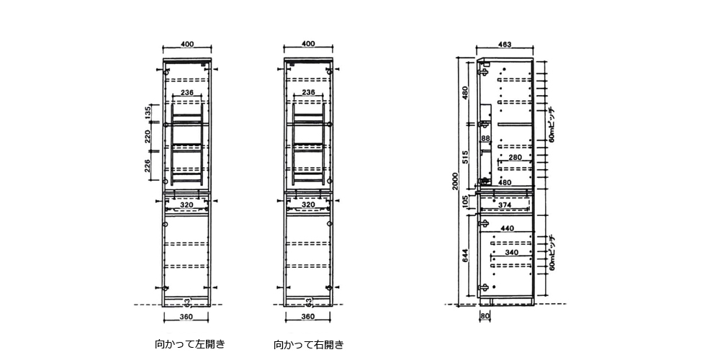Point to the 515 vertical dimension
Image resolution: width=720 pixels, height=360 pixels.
click(x=466, y=158)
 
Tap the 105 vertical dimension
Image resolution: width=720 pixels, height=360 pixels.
click(x=466, y=199)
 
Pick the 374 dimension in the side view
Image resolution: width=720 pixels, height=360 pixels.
click(x=504, y=205)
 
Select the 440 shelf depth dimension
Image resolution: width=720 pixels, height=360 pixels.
click(x=508, y=228)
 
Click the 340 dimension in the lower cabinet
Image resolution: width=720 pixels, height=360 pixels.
click(x=511, y=253)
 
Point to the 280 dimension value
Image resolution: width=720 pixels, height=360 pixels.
click(x=515, y=158)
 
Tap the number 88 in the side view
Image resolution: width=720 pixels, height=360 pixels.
click(x=486, y=138)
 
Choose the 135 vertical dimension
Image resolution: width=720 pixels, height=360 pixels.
click(x=148, y=112)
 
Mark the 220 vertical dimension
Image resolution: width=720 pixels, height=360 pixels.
click(x=148, y=138)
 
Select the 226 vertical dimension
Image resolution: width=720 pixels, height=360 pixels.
click(x=148, y=168)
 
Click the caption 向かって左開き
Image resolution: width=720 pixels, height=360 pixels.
click(x=190, y=344)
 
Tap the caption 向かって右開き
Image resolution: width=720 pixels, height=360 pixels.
click(x=309, y=345)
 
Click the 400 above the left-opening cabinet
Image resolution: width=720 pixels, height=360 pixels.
click(x=187, y=45)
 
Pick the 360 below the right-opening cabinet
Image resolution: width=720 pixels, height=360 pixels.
click(x=307, y=317)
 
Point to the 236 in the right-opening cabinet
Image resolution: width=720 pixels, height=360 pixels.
click(x=308, y=93)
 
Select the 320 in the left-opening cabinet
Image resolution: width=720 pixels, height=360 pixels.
click(x=187, y=205)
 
